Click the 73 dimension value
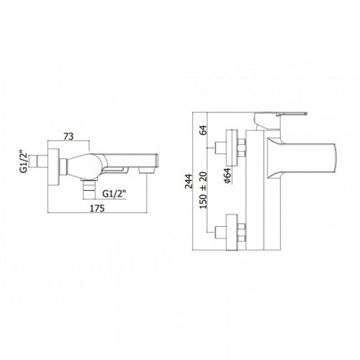pos(68,136)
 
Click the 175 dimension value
pos(97,208)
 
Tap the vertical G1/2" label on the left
pos(24,161)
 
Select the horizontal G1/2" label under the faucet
pos(114,194)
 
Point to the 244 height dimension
pos(189,181)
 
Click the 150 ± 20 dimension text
pos(203,190)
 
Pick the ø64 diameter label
pos(228,176)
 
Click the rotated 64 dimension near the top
pos(203,130)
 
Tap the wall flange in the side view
pos(53,167)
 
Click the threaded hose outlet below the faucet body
pos(89,189)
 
